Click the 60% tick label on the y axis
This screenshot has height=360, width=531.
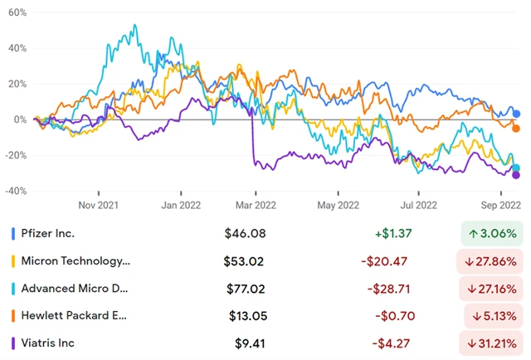coord(16,14)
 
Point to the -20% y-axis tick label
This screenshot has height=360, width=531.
coord(15,155)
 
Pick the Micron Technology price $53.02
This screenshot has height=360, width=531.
coord(243,261)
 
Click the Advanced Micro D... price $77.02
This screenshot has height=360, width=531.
coord(243,289)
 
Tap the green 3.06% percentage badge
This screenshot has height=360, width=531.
coord(491,234)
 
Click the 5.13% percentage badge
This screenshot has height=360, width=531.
coord(491,315)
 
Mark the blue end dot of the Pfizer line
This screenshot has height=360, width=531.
coord(516,114)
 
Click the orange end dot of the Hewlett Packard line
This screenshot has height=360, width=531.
coord(516,128)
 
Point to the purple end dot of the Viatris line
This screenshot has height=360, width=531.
coord(516,174)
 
